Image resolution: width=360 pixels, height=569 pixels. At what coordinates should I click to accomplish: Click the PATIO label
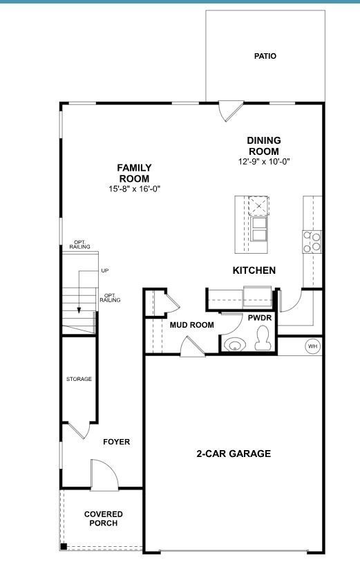click(265, 56)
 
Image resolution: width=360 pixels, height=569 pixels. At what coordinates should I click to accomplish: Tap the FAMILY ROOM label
click(134, 173)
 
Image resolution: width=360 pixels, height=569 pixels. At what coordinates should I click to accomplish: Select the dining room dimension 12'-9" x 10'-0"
click(263, 162)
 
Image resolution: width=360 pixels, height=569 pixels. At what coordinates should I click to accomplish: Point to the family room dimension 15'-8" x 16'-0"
click(134, 189)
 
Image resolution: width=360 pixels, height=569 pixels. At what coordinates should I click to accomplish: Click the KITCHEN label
click(254, 270)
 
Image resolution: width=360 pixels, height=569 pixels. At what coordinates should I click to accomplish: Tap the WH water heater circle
click(312, 346)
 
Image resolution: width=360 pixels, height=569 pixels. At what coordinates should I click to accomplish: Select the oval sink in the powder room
click(236, 344)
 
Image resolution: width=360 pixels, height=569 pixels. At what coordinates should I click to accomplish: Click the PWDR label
click(260, 317)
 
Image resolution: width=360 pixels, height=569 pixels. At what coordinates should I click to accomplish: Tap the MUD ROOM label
click(191, 325)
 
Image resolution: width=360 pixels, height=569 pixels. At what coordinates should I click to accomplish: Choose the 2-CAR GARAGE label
click(234, 454)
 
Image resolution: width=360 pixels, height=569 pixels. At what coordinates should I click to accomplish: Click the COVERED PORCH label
click(104, 519)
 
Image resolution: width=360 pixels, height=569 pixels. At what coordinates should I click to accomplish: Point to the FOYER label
click(116, 442)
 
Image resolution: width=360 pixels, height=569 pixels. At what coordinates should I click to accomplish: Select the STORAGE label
click(79, 379)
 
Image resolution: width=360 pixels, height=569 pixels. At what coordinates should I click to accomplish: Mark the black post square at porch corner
click(64, 547)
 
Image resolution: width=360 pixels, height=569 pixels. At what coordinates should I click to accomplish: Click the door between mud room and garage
click(191, 346)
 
